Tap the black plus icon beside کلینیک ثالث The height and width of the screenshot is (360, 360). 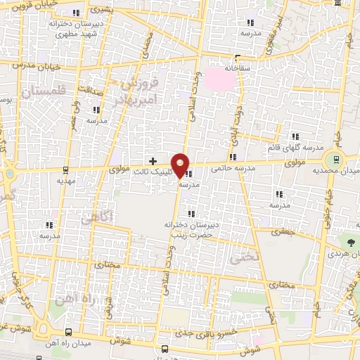click(x=153, y=161)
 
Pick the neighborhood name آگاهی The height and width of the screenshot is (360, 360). click(x=96, y=219)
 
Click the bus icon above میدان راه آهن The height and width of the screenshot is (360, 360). click(x=67, y=332)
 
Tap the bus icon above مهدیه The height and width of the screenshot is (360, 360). click(x=65, y=169)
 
